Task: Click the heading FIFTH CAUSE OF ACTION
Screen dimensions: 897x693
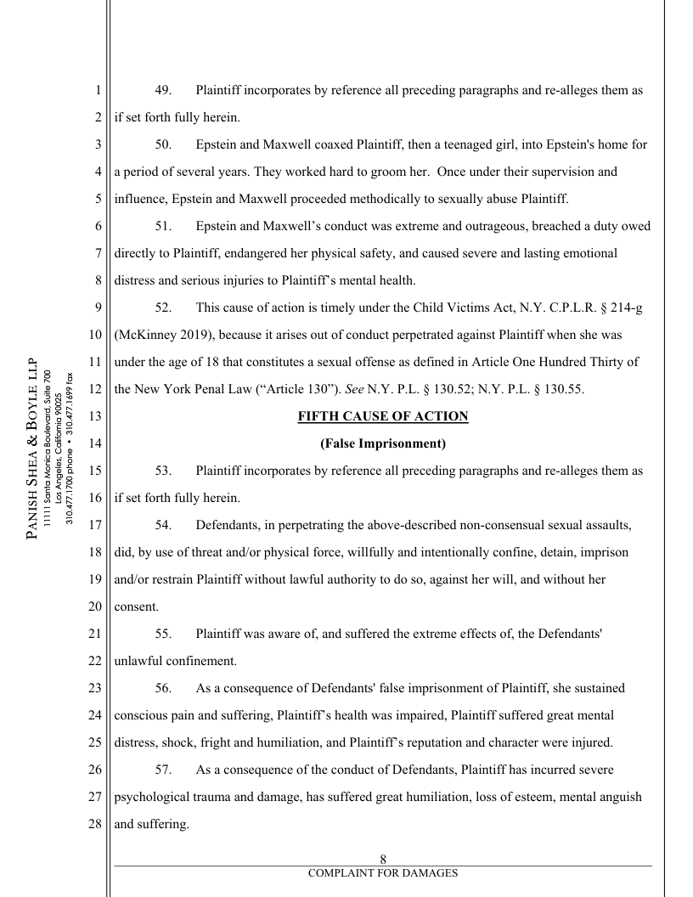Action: [383, 416]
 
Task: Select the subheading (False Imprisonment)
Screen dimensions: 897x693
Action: [383, 443]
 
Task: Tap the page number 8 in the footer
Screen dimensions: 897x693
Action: [383, 860]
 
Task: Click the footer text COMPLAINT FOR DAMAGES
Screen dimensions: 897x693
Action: [383, 873]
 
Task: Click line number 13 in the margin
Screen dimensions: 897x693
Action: [94, 416]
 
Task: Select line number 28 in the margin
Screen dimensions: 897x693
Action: [94, 824]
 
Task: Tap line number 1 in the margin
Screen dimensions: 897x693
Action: [99, 90]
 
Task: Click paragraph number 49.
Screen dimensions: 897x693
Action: [164, 90]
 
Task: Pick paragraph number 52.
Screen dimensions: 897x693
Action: [164, 307]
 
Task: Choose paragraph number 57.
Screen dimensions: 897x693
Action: [164, 770]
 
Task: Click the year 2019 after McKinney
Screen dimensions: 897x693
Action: [185, 335]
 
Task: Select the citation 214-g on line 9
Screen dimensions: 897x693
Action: [622, 307]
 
